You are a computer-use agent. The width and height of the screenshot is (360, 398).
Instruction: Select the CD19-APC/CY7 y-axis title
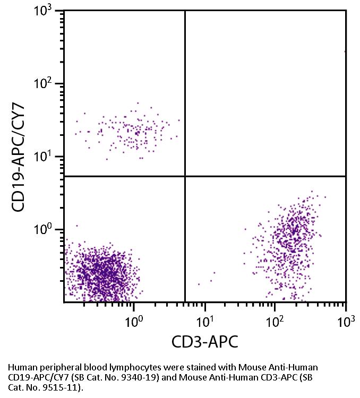[x=20, y=157]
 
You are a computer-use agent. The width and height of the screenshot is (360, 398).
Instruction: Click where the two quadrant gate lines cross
[x=185, y=176]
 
